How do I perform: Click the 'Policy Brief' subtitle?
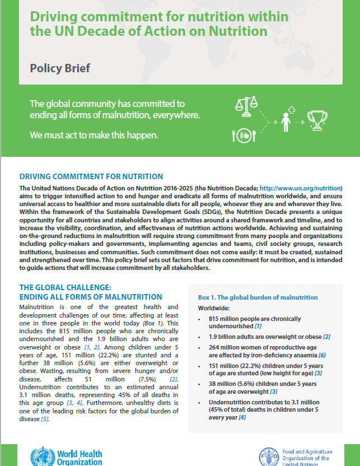point(59,69)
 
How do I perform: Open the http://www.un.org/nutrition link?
point(306,187)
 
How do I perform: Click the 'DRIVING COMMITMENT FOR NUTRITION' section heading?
point(91,176)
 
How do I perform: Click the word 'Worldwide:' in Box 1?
point(214,308)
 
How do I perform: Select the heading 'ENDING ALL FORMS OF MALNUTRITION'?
point(91,297)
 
